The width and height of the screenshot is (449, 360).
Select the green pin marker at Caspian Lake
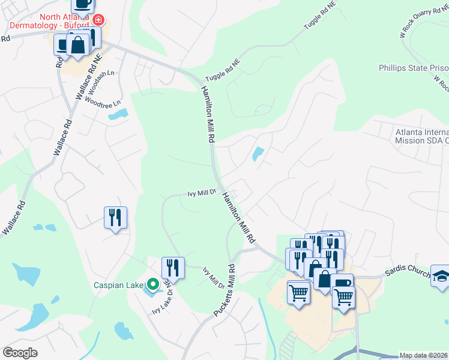click(x=153, y=284)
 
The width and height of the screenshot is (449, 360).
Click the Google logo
click(x=20, y=353)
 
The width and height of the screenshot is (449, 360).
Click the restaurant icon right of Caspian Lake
click(x=173, y=267)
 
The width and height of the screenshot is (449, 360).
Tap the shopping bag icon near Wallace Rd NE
click(x=78, y=44)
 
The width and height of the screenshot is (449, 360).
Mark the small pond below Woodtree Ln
click(x=118, y=113)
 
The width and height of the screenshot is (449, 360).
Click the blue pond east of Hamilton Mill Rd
click(x=258, y=154)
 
